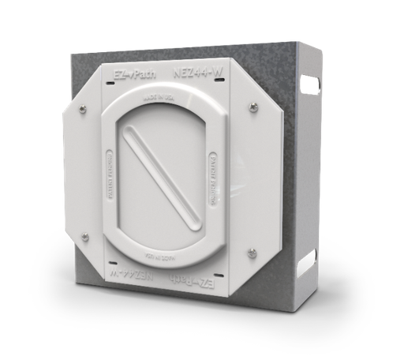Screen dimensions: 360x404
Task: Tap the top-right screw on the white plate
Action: tap(252, 106)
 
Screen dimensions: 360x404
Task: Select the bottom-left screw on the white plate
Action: tap(85, 236)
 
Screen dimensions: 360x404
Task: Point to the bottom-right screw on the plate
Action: tap(252, 253)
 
